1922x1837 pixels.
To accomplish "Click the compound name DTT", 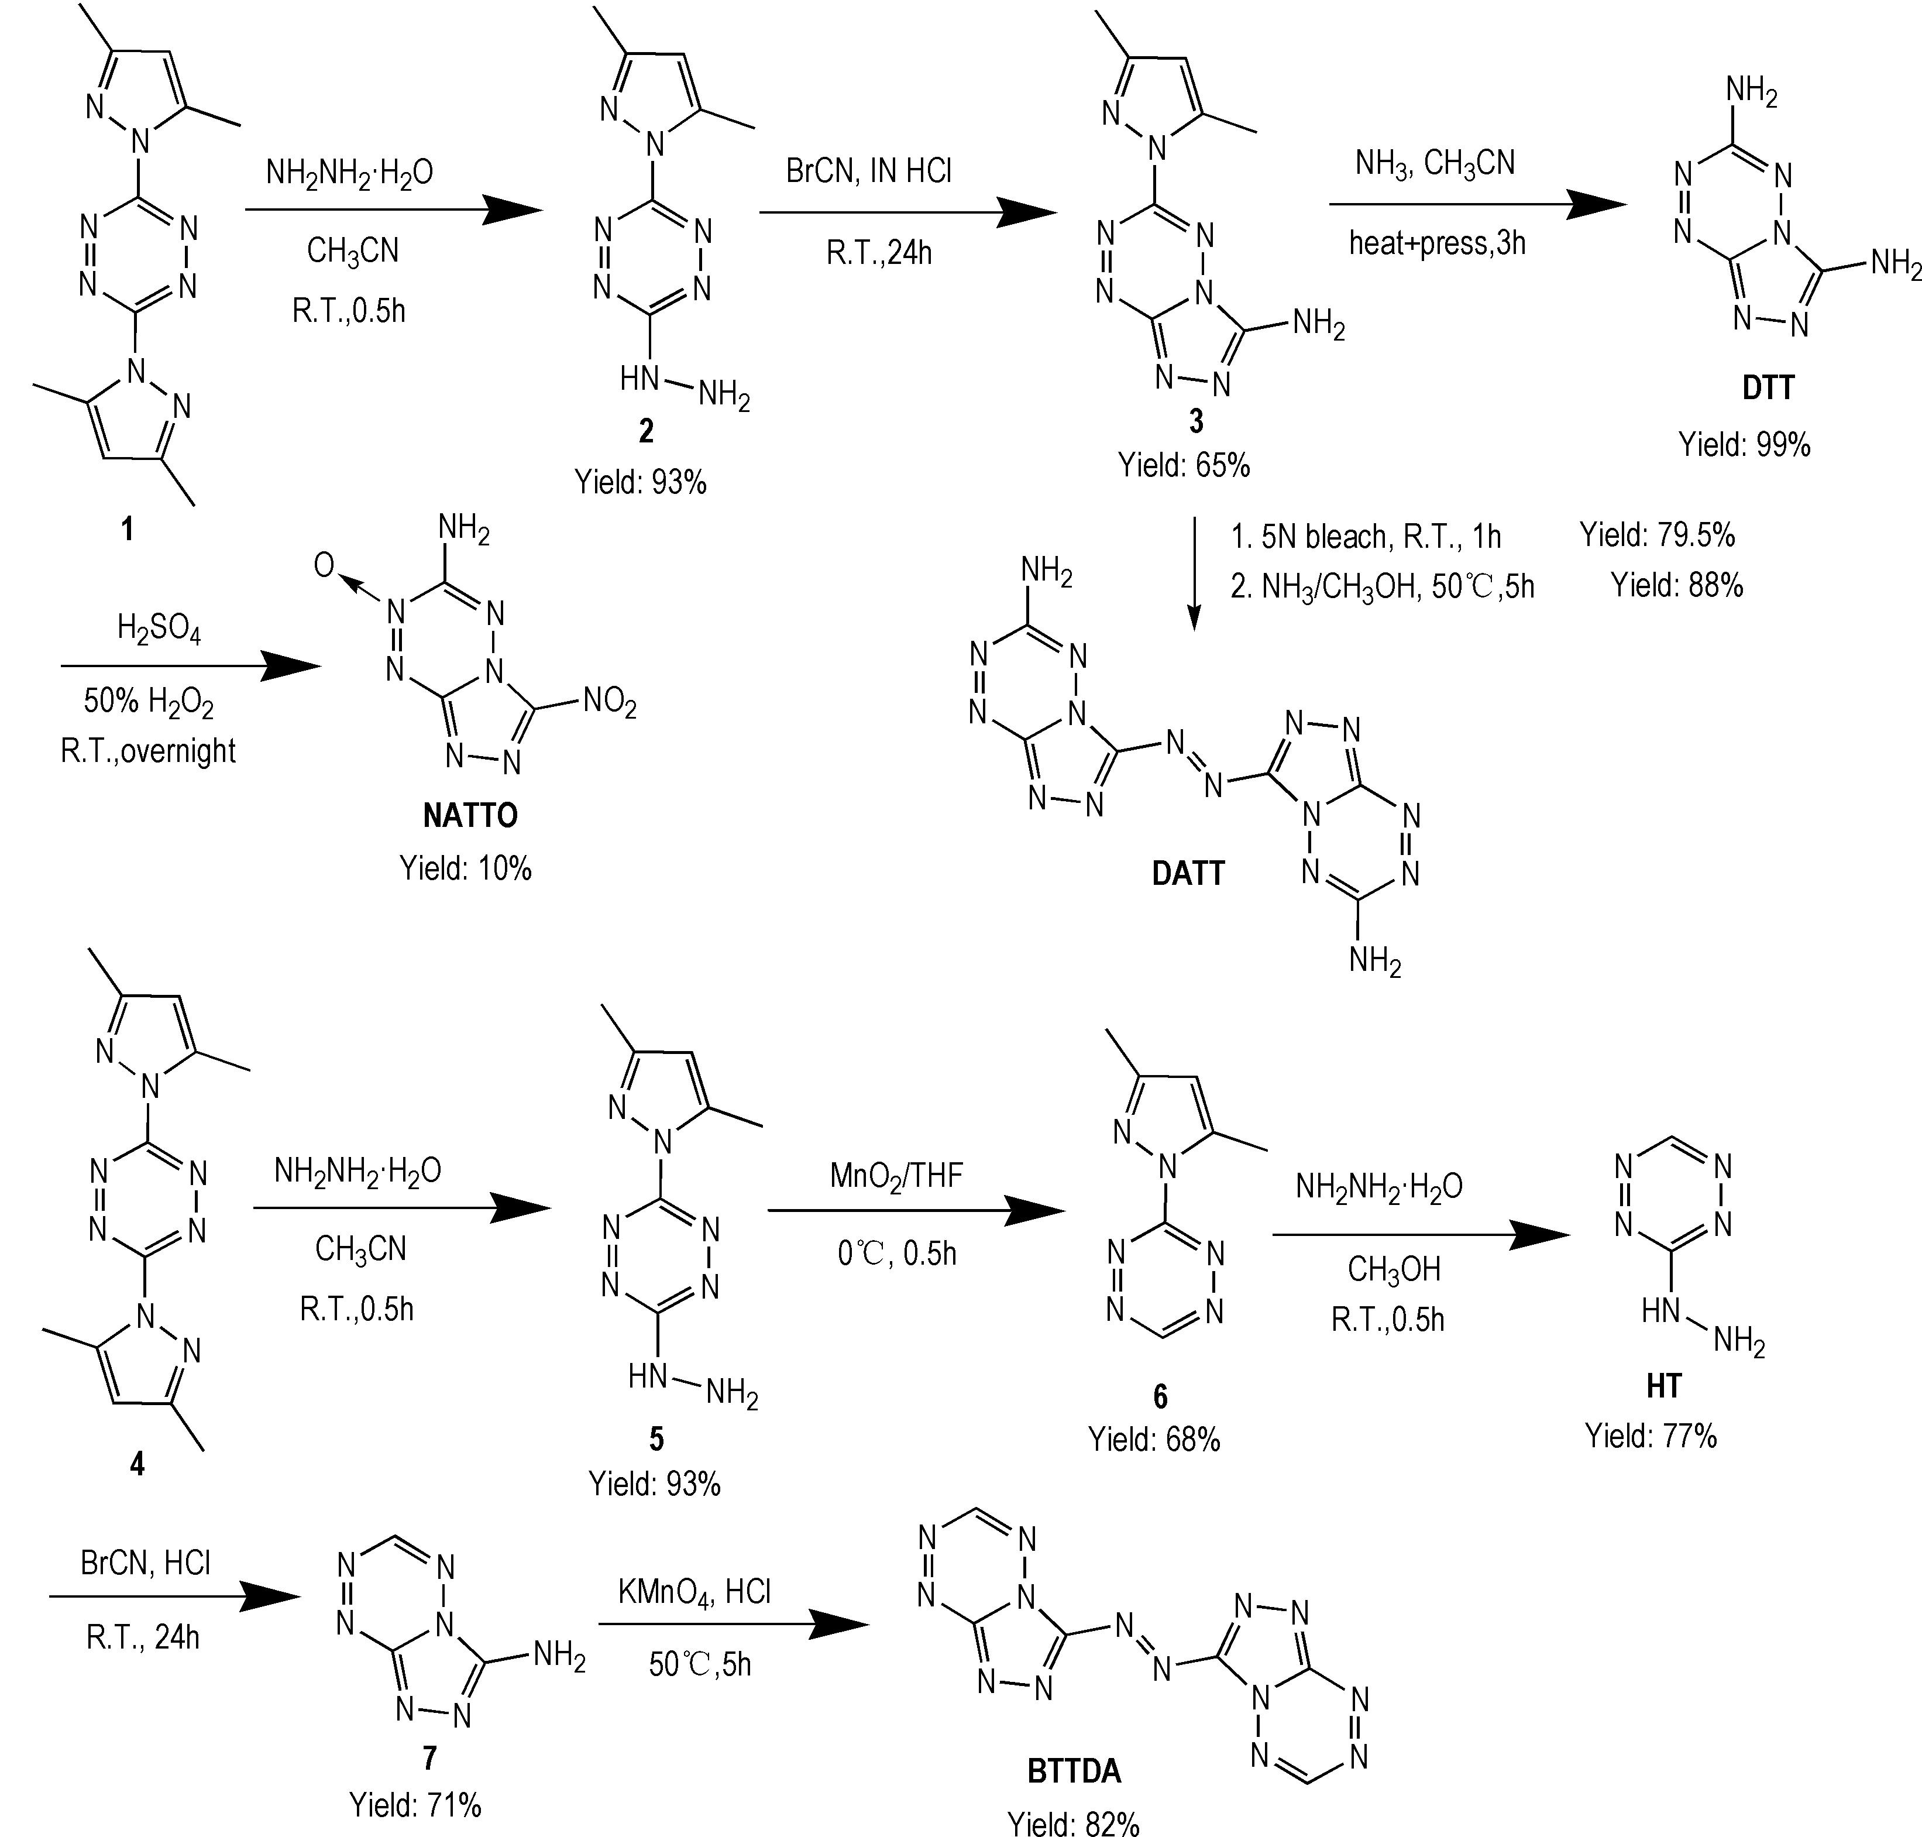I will (x=1768, y=389).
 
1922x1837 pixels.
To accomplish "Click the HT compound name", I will (x=1663, y=1386).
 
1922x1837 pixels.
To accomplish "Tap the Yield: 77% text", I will (x=1651, y=1437).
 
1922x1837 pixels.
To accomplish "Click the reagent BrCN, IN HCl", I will (x=868, y=171).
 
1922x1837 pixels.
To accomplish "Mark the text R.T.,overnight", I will (x=148, y=750).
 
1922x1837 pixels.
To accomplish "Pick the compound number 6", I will (x=1160, y=1395).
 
